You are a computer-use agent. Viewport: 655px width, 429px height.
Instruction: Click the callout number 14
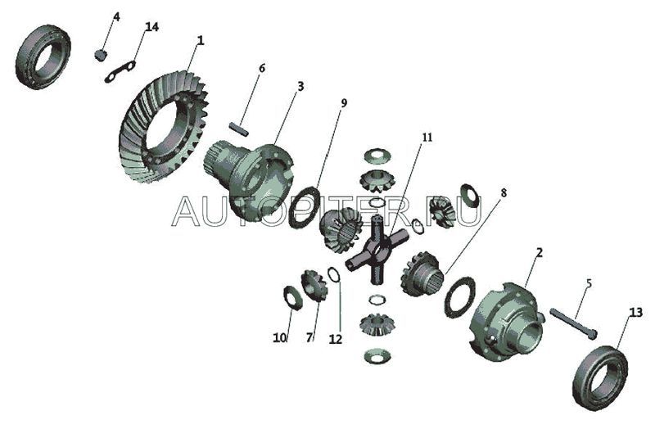(151, 27)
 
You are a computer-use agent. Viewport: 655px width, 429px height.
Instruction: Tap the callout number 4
(116, 17)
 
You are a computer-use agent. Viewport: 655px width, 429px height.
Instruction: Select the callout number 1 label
(200, 41)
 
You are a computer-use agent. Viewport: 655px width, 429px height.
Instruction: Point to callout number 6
(262, 68)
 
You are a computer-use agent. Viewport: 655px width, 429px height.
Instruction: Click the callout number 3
(300, 87)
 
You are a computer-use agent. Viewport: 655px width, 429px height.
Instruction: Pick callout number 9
(343, 103)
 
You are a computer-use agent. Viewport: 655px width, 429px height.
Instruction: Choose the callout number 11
(427, 138)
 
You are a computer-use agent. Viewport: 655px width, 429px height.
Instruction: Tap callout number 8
(504, 192)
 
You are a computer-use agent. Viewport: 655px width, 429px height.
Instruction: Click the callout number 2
(540, 253)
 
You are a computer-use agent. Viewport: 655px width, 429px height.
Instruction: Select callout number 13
(636, 313)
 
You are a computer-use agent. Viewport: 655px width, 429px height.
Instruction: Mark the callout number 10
(280, 337)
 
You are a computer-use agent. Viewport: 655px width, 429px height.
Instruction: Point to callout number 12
(335, 339)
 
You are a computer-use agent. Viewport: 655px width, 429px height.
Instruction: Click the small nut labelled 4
(100, 55)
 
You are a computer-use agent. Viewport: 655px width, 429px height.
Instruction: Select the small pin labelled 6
(239, 129)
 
